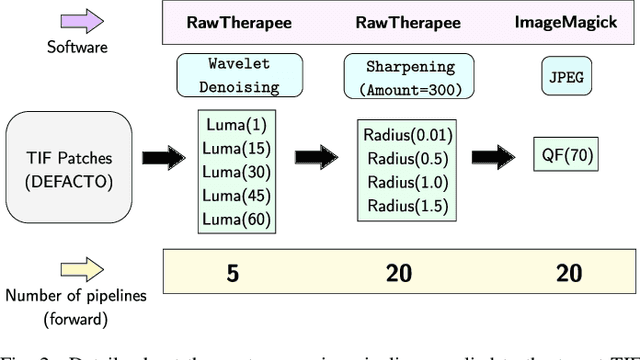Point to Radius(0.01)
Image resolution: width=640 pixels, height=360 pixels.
pos(409,135)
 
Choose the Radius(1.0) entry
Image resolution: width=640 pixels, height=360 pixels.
pos(409,181)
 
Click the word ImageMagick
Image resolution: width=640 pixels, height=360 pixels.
pos(585,20)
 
